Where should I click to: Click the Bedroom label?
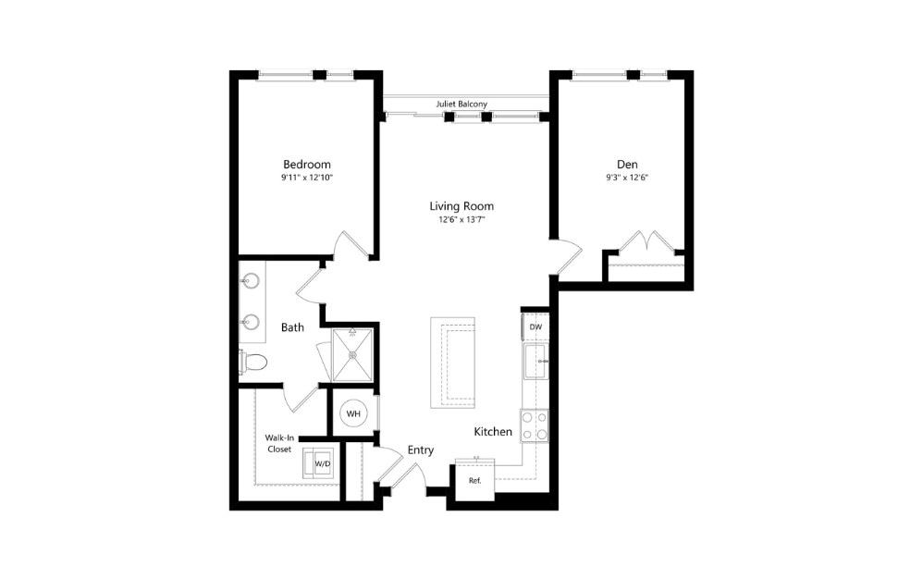pos(306,165)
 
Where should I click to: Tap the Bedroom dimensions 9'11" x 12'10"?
pos(306,178)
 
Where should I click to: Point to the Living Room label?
pos(461,206)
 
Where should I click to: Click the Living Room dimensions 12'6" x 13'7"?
pos(461,219)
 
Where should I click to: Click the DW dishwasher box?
pos(535,327)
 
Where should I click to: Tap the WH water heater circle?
pos(353,414)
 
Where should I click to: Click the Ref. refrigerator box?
pos(474,481)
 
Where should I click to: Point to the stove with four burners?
pos(534,425)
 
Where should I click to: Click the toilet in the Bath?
pos(253,361)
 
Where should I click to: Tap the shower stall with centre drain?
pos(352,353)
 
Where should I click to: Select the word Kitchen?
pos(493,432)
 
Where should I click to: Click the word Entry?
pos(421,450)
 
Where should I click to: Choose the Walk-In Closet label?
pos(278,443)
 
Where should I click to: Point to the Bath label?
pos(292,327)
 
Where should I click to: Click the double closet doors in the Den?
pos(645,242)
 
